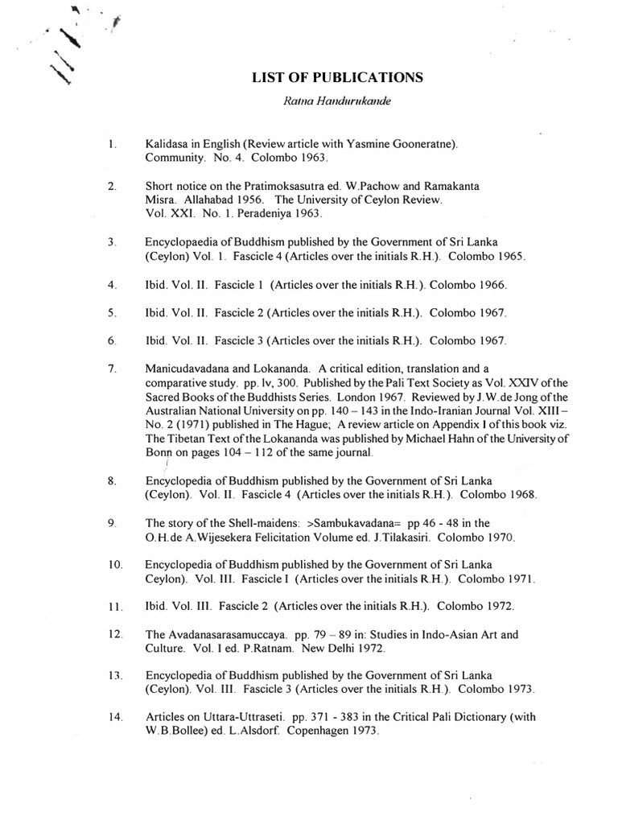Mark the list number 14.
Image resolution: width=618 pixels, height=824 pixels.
point(114,717)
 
